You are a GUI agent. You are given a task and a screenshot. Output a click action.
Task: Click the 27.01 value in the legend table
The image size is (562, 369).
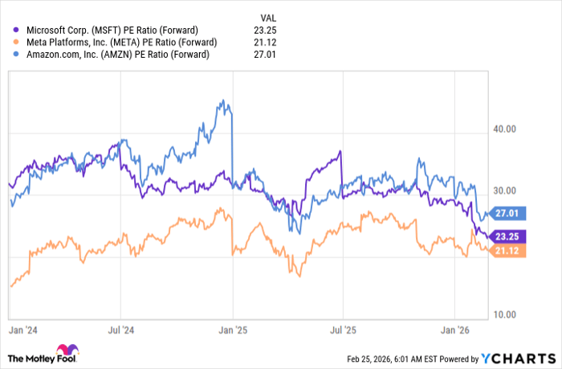pyautogui.click(x=269, y=55)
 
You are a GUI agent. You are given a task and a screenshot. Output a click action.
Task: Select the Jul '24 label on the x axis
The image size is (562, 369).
pyautogui.click(x=120, y=330)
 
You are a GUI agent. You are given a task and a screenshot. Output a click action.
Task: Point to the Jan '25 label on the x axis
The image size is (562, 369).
pyautogui.click(x=232, y=330)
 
